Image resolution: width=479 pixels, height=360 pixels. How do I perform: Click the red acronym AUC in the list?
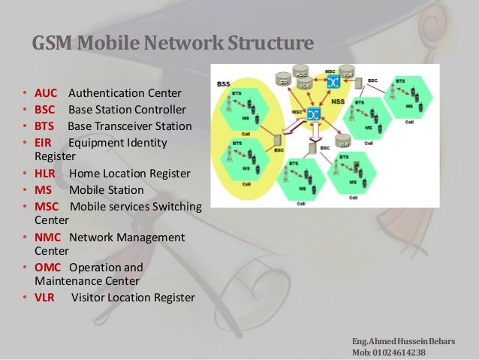[46, 94]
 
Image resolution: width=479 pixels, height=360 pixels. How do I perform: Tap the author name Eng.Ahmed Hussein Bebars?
[402, 340]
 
